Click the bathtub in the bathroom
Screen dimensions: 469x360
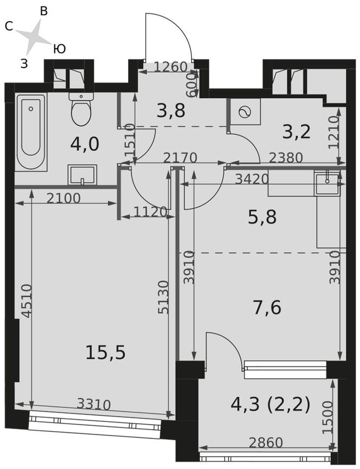[31, 132]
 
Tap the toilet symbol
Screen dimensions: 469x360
[81, 109]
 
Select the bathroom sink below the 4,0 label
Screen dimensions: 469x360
[82, 174]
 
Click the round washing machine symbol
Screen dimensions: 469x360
[246, 112]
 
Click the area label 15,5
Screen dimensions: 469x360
[105, 352]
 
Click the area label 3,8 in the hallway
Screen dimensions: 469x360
[171, 110]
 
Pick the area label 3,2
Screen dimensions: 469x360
[296, 132]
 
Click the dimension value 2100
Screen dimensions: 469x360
[63, 198]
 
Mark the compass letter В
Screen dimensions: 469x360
[44, 12]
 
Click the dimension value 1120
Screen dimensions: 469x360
[145, 212]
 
